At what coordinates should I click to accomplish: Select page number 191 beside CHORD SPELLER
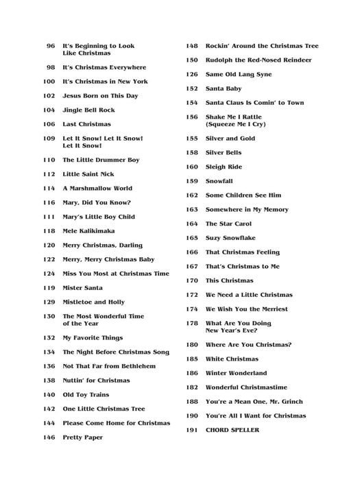click(191, 430)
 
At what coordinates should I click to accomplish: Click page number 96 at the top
click(50, 46)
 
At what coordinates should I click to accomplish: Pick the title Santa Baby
click(224, 88)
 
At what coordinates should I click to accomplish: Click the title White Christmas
click(232, 359)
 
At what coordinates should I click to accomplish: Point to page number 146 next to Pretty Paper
click(49, 437)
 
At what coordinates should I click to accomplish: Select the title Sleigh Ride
click(224, 167)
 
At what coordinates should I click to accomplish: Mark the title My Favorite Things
click(93, 338)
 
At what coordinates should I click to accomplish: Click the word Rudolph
click(221, 60)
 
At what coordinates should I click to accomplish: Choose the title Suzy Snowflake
click(230, 238)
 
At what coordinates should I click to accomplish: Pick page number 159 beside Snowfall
click(191, 181)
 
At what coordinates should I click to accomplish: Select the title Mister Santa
click(82, 288)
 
